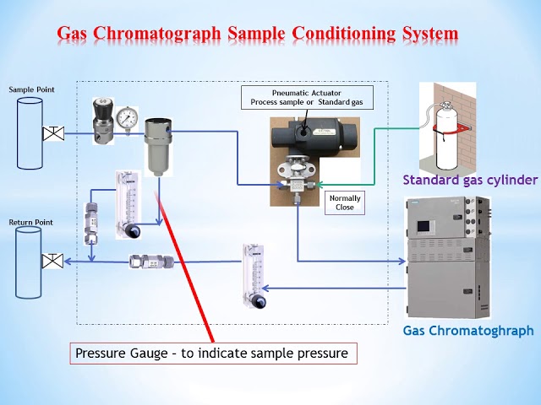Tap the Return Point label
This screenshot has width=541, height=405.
coord(30,222)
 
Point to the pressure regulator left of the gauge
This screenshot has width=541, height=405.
coord(104,120)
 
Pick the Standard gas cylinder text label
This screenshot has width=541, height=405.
coord(469,180)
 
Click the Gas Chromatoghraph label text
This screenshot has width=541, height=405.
coord(467,332)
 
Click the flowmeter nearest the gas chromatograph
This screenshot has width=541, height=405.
coord(254,274)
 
